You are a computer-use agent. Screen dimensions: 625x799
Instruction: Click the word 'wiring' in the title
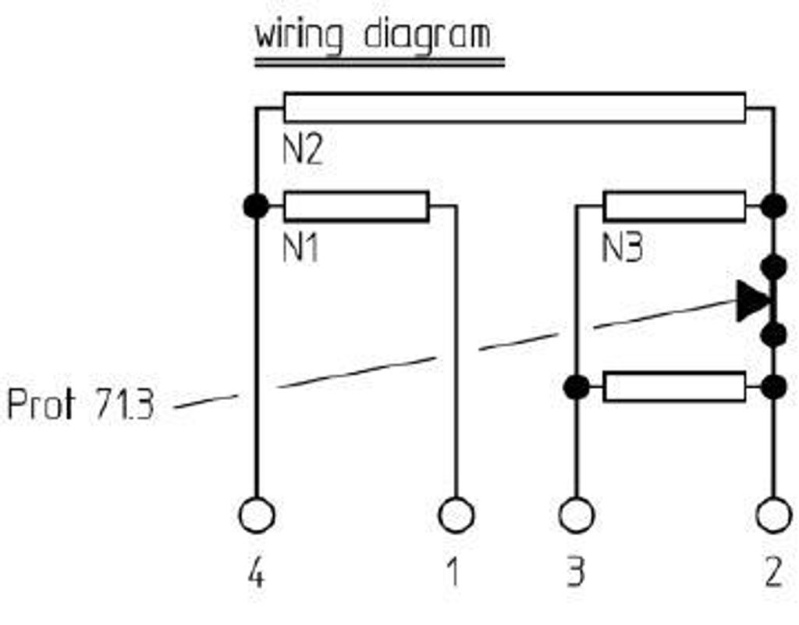[x=298, y=36]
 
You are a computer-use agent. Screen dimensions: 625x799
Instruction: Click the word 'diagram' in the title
[x=428, y=36]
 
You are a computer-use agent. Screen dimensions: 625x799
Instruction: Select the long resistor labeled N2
[x=514, y=108]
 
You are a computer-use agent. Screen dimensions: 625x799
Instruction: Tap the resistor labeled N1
[x=356, y=206]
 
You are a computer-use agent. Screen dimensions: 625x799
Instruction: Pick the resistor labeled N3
[x=674, y=206]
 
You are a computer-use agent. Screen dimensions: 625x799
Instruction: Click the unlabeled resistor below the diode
[x=674, y=387]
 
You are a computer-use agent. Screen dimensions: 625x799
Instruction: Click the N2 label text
[x=302, y=150]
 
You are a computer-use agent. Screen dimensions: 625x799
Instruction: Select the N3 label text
[x=623, y=249]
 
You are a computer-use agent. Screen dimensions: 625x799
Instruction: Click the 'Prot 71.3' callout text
[x=80, y=405]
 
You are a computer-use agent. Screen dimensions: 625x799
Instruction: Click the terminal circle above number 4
[x=256, y=516]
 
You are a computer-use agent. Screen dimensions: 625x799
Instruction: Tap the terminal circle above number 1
[x=456, y=516]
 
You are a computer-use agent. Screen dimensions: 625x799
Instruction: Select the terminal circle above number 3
[x=577, y=516]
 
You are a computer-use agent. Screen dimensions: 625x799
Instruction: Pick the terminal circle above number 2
[x=774, y=516]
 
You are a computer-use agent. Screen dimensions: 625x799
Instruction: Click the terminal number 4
[x=256, y=574]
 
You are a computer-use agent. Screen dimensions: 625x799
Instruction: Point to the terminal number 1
[x=453, y=574]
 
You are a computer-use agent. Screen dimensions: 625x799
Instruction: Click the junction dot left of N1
[x=256, y=206]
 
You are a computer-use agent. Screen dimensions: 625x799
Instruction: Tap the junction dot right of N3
[x=774, y=206]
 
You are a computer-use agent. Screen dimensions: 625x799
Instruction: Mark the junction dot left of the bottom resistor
[x=577, y=387]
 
